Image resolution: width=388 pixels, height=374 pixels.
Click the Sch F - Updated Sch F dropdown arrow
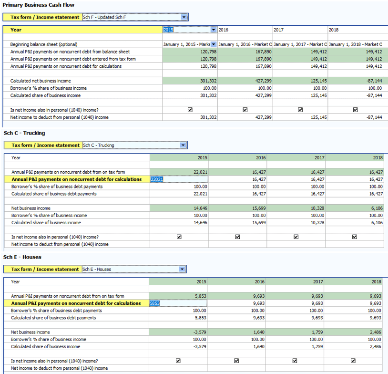184,17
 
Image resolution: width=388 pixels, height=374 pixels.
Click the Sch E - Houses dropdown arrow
182,269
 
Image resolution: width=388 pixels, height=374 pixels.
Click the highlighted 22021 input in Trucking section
178,179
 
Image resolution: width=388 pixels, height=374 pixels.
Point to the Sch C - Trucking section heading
24,133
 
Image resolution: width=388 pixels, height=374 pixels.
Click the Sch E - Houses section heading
22,257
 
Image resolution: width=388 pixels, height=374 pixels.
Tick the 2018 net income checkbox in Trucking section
355,237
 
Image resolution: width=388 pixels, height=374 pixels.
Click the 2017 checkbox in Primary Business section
300,110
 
